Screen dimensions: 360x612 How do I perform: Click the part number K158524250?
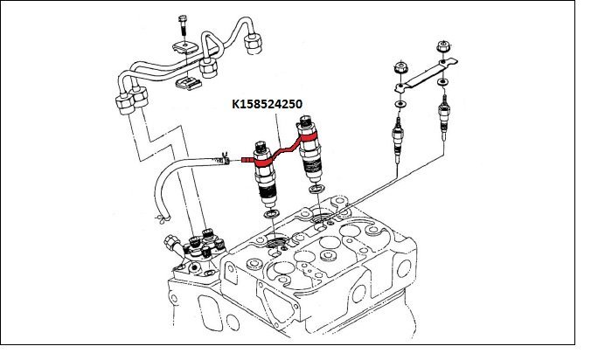(267, 104)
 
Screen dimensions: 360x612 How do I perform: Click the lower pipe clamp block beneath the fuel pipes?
(185, 83)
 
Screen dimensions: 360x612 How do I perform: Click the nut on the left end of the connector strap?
(401, 66)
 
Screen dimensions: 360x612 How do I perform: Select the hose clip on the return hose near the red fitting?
(226, 159)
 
